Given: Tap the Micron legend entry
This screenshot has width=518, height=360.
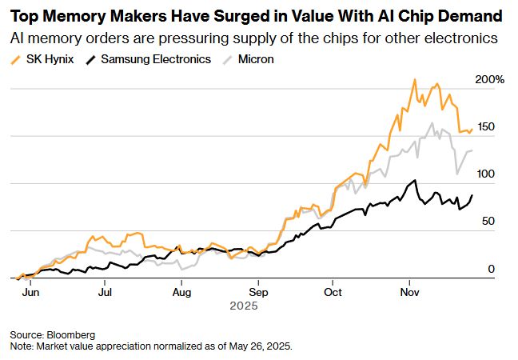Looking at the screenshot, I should tap(255, 59).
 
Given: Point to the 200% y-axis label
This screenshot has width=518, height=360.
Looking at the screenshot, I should tap(490, 80).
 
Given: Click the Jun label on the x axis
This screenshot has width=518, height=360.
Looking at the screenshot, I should tap(30, 292).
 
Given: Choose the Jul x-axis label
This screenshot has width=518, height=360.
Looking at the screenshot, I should tap(106, 292).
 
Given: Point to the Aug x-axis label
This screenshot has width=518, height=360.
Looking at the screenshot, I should tap(181, 292).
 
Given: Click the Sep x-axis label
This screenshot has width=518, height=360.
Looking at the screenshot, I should tap(257, 292).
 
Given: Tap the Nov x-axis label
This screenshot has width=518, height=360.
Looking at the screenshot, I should tap(409, 292).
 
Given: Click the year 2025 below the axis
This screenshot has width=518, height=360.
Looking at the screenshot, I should tap(243, 306).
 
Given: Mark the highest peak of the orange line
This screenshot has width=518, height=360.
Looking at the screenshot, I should tap(414, 79).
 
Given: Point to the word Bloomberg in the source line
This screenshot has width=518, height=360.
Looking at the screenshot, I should tap(71, 334).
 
